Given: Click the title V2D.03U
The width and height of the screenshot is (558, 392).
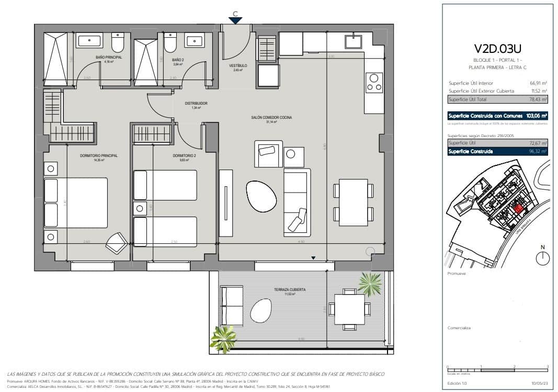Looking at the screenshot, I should (x=498, y=49).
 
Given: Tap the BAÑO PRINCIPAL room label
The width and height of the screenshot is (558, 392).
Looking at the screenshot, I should (x=109, y=57).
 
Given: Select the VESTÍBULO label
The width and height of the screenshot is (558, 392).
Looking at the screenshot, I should (x=238, y=66).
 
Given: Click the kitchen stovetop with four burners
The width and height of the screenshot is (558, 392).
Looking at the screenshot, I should (x=374, y=82).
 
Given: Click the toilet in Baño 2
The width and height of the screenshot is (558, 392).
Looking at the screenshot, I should (x=170, y=43).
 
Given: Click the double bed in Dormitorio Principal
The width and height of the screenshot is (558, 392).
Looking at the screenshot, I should (x=76, y=203).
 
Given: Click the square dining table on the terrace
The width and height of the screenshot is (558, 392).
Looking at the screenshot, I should (x=349, y=309).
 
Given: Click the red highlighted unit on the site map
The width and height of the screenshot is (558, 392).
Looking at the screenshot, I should (x=518, y=209).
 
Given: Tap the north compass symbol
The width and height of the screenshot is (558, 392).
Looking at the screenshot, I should (x=543, y=257).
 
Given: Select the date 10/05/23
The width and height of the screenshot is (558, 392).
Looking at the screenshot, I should (x=539, y=383).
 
